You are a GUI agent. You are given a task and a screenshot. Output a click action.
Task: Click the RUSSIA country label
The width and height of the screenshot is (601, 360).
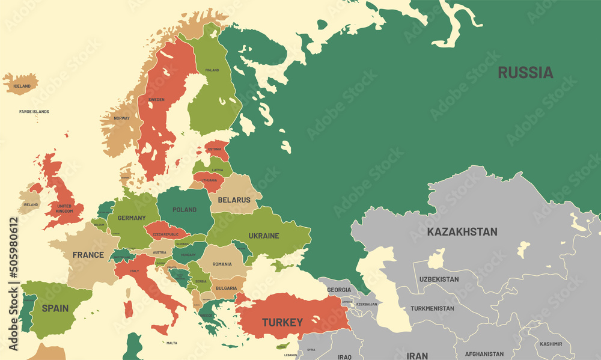tap(525, 73)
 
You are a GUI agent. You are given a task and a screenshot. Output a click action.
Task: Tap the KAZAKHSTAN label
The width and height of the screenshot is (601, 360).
tap(462, 231)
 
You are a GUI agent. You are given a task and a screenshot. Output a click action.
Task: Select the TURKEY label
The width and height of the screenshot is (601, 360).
tap(282, 322)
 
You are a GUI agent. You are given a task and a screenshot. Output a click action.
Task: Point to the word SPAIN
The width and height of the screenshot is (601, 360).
tap(55, 308)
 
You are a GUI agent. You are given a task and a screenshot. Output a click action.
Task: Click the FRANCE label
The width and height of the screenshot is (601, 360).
tap(88, 255)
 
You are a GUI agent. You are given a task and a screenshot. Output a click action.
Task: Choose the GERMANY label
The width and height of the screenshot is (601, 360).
tap(131, 218)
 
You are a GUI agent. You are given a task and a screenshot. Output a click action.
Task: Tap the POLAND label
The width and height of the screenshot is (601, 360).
tap(185, 210)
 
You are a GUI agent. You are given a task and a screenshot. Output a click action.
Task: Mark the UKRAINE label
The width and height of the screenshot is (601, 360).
tap(264, 236)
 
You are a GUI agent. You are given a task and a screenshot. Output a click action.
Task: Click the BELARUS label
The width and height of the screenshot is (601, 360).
tap(234, 200)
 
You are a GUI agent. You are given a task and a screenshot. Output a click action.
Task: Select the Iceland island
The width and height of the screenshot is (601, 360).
tap(21, 84)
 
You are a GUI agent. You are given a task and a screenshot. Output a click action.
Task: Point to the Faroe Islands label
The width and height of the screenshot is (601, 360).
tap(34, 112)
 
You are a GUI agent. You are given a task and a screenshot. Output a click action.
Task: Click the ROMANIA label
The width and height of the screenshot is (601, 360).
tap(222, 264)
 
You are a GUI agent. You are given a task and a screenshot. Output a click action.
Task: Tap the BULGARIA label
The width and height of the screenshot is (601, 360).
tap(226, 288)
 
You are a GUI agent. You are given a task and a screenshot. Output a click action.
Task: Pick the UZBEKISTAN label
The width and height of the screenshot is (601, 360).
tap(439, 279)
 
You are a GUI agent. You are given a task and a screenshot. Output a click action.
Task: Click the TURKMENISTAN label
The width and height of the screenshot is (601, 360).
tap(432, 308)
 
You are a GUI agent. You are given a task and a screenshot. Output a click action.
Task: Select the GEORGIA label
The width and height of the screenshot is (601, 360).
tap(338, 290)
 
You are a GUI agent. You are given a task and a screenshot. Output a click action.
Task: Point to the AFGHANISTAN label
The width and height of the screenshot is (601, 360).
tap(484, 354)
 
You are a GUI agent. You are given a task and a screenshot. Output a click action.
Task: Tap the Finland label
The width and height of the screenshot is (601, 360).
tap(212, 70)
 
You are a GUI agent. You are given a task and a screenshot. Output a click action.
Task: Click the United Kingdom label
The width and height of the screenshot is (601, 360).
tap(64, 209)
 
